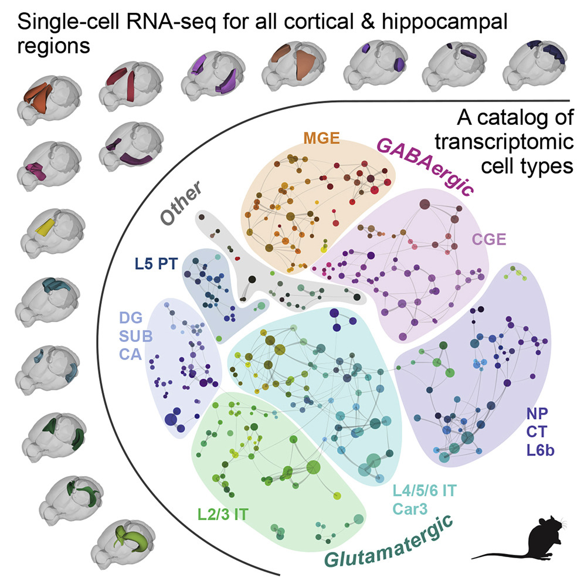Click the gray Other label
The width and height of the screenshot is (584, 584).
coord(182,203)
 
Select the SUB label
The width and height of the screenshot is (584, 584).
coord(131,337)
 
